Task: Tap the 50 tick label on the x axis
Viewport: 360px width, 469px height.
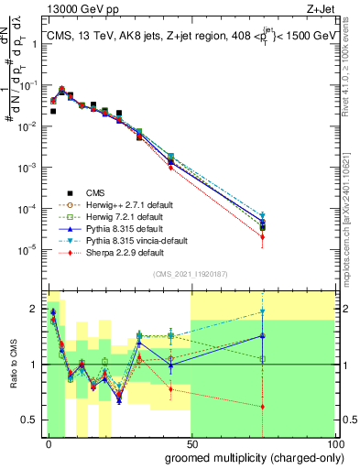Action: point(191,442)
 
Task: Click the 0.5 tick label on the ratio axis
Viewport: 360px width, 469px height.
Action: point(29,420)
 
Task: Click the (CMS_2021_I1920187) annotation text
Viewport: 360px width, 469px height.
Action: point(191,273)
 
